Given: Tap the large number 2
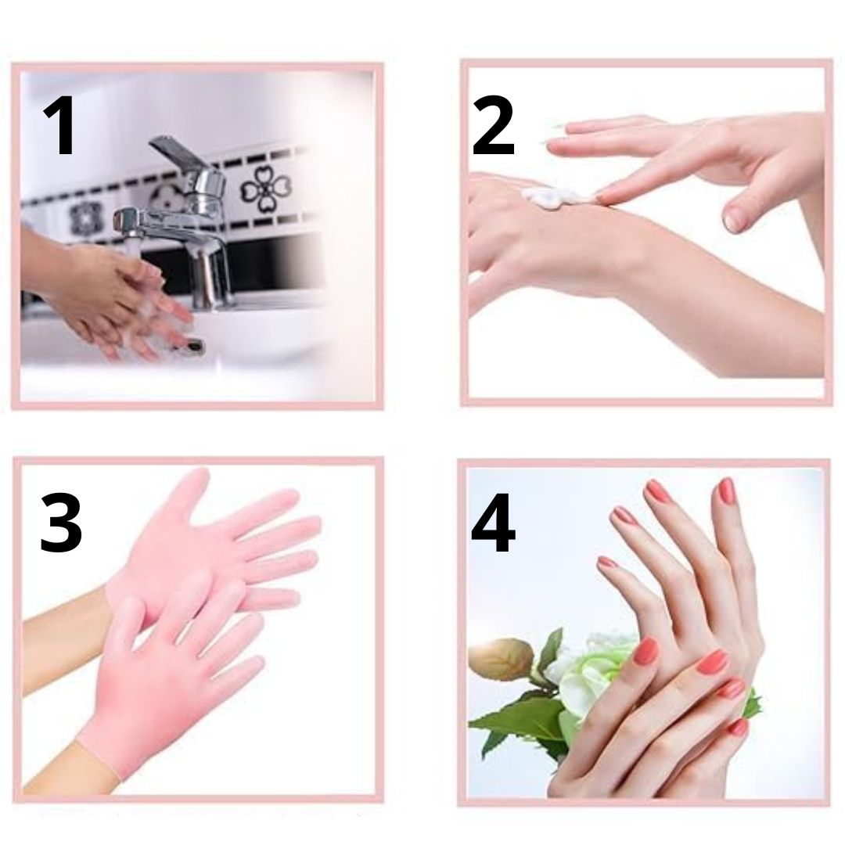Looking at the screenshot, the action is tap(493, 125).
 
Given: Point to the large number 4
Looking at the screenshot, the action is tap(493, 523).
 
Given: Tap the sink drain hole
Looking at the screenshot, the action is tap(195, 345).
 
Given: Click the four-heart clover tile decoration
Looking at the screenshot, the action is tap(266, 189).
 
